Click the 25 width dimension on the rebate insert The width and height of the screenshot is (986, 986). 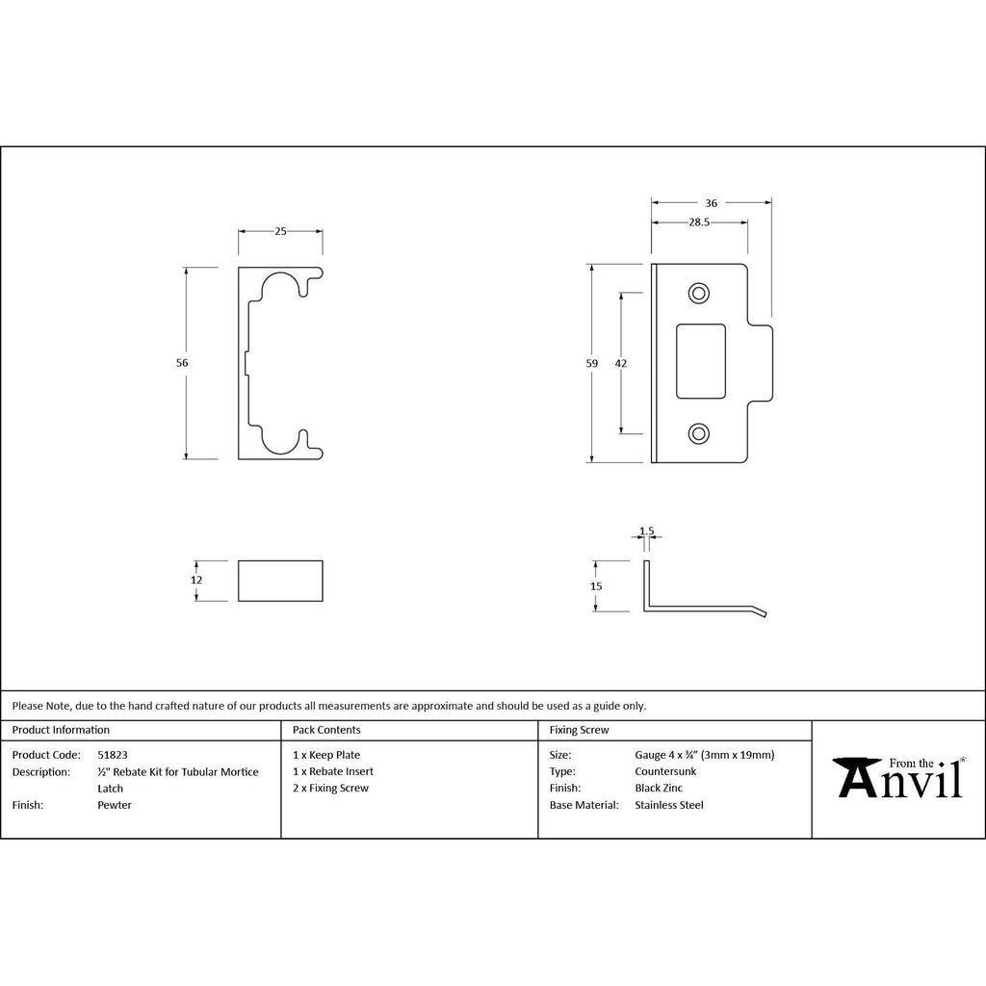click(280, 231)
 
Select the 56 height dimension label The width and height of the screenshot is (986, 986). click(182, 363)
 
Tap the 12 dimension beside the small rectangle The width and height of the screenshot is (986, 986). click(196, 580)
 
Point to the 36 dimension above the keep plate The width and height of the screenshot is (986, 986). click(712, 203)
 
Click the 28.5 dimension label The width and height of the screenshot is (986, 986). click(699, 222)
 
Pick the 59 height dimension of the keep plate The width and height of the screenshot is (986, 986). click(592, 363)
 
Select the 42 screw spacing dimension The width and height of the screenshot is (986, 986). click(621, 363)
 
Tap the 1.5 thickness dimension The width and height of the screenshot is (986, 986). click(646, 532)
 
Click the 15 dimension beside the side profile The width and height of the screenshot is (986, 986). click(596, 586)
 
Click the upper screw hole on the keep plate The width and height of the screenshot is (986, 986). click(699, 293)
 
